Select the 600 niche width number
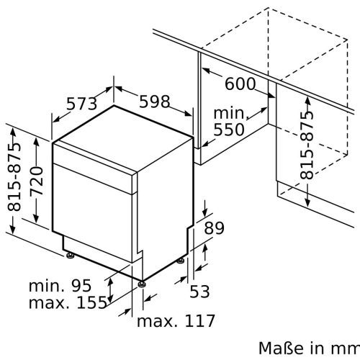[x=240, y=84]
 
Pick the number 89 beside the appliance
[x=215, y=229]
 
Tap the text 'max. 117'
[x=176, y=319]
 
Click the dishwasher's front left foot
[x=70, y=255]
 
